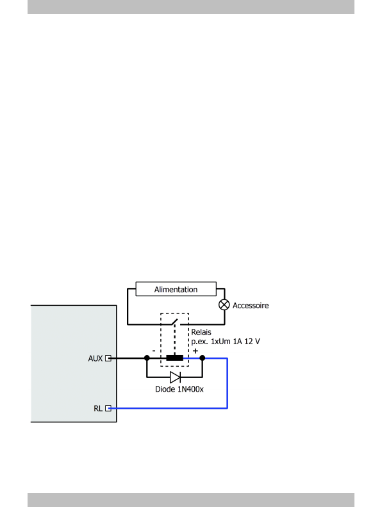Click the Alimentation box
tap(176, 288)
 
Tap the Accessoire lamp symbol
tap(224, 305)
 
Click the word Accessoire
tap(251, 306)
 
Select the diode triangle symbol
tap(175, 377)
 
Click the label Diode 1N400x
tap(179, 389)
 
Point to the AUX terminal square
tap(108, 358)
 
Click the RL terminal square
tap(108, 408)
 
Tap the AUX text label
tap(95, 358)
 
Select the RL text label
tap(98, 408)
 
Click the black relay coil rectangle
tap(175, 358)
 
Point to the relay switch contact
tap(174, 322)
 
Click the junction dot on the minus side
tap(147, 358)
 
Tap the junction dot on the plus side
tap(203, 358)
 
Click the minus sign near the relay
tap(154, 351)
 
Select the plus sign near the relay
tap(195, 351)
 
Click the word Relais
tap(201, 332)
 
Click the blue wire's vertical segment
tap(228, 383)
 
